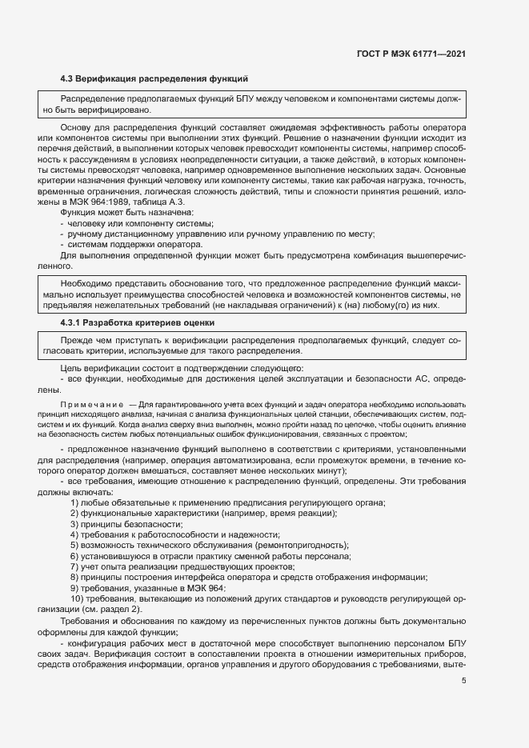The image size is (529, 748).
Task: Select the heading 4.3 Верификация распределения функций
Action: coord(154,78)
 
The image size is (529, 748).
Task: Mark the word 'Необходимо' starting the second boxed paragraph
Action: coord(85,283)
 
